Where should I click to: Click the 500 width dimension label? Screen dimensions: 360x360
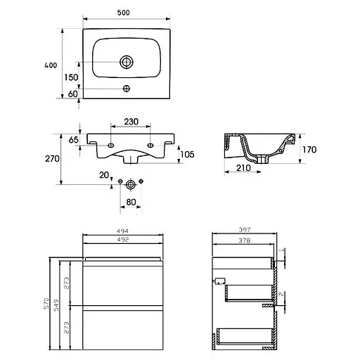(x=123, y=13)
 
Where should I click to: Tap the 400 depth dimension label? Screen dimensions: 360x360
(x=51, y=65)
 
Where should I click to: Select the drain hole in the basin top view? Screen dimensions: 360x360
(x=127, y=62)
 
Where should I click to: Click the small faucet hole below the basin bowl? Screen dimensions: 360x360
(x=127, y=89)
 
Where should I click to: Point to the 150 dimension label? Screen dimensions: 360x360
(x=71, y=77)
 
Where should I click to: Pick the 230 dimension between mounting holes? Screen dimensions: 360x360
(x=131, y=122)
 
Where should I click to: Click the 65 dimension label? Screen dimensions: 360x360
(x=73, y=140)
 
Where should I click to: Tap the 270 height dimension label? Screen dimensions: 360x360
(x=52, y=159)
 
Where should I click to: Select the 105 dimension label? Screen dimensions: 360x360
(x=187, y=154)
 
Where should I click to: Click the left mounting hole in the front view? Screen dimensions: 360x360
(x=110, y=146)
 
